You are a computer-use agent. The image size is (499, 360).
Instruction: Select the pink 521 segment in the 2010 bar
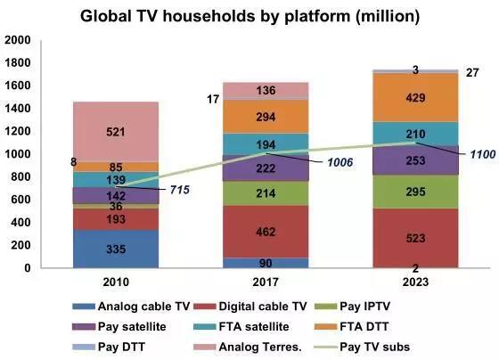coord(116,132)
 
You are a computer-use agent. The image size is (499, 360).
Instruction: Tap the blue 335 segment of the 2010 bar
coord(116,249)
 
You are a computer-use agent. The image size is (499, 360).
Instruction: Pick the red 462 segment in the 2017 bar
coord(266,232)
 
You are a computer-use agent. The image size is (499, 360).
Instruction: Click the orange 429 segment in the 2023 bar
coord(415,97)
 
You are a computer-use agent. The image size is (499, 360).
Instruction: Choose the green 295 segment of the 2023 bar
coord(415,192)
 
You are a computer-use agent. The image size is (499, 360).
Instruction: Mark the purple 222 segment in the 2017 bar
coord(266,168)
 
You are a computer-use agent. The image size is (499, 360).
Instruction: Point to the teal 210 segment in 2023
coord(415,134)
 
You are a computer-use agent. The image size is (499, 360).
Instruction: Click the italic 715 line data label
coord(179,190)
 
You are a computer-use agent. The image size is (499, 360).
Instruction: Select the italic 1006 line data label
coord(339,162)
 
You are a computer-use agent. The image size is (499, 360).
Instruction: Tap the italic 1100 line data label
coord(483,154)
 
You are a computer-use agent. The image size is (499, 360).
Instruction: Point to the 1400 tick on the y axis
coord(18,109)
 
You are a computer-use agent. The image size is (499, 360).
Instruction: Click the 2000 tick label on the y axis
coord(18,40)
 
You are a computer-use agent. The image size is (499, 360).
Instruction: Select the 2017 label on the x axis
coord(266,282)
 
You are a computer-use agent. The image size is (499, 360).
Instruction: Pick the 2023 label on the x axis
coord(415,282)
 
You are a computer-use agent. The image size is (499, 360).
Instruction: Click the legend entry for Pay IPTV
coord(352,307)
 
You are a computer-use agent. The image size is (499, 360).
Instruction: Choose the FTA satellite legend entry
coord(241,326)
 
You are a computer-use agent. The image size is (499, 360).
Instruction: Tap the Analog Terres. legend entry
coord(248,347)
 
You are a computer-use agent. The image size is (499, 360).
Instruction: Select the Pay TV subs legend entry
coord(362,347)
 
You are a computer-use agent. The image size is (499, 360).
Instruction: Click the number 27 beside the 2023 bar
coord(472,73)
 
